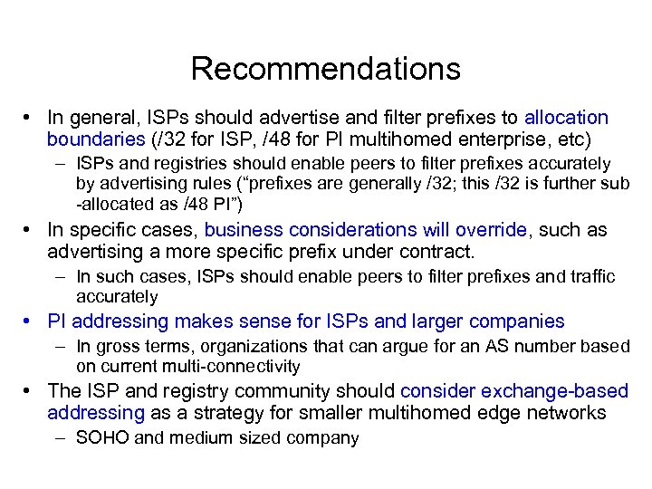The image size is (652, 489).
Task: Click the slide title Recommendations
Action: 326,69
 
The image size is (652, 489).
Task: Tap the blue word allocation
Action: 567,118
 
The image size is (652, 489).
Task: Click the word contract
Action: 436,251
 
